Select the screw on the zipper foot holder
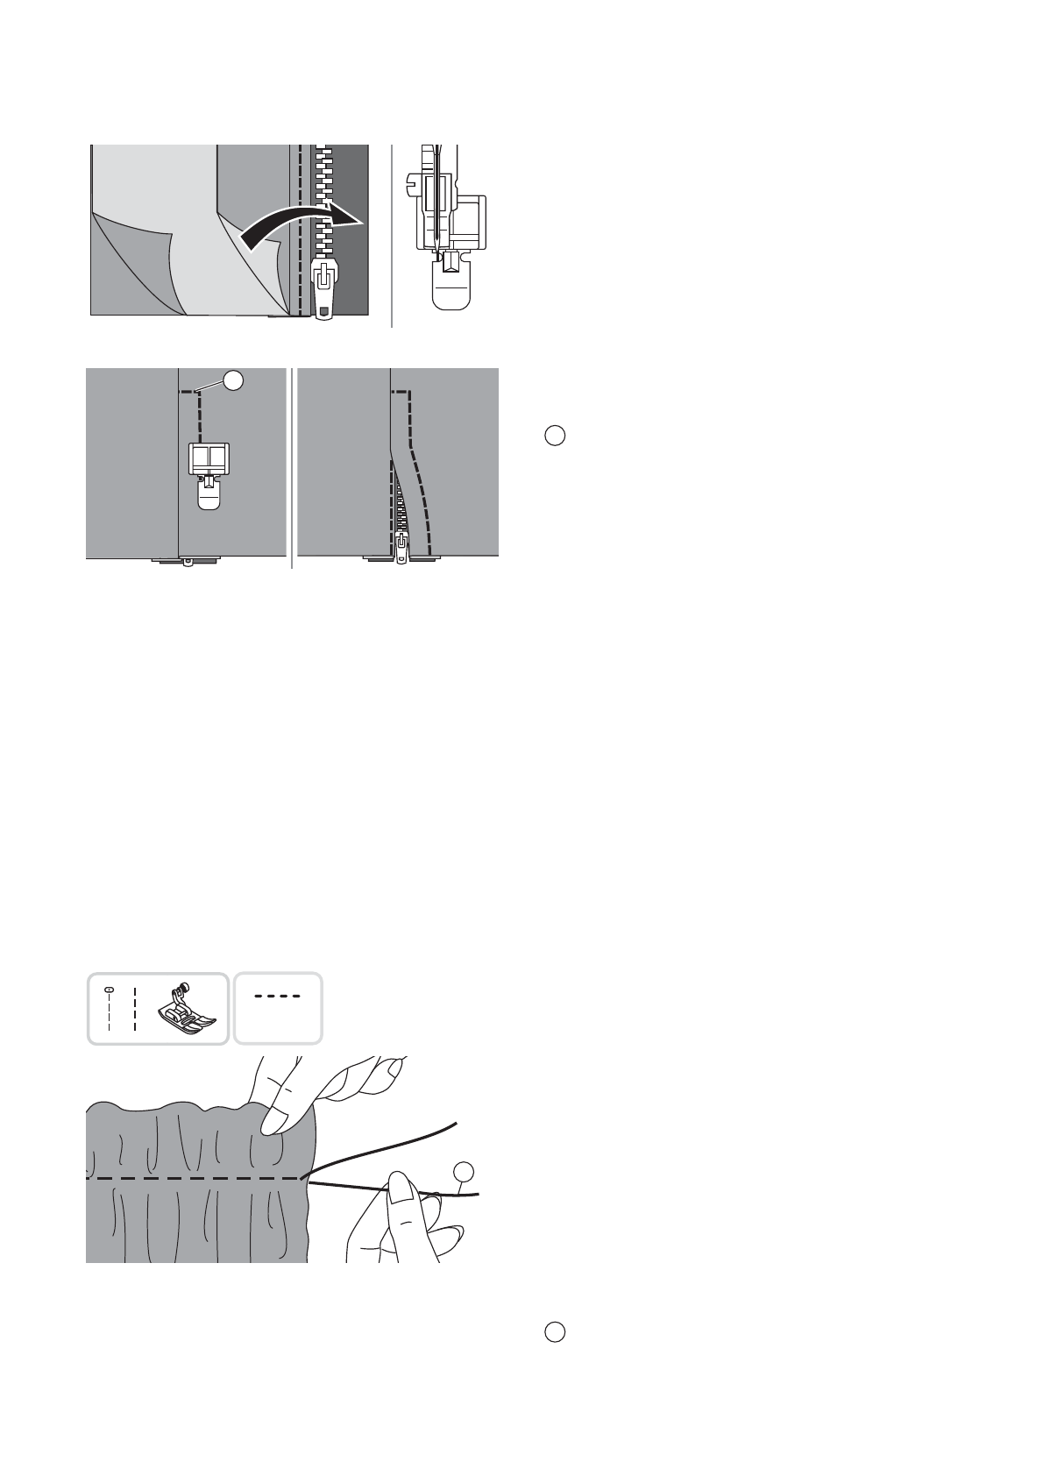[412, 185]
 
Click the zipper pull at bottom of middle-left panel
[187, 562]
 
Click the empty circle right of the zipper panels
[554, 436]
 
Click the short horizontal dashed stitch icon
[277, 997]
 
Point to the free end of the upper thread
[455, 1123]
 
